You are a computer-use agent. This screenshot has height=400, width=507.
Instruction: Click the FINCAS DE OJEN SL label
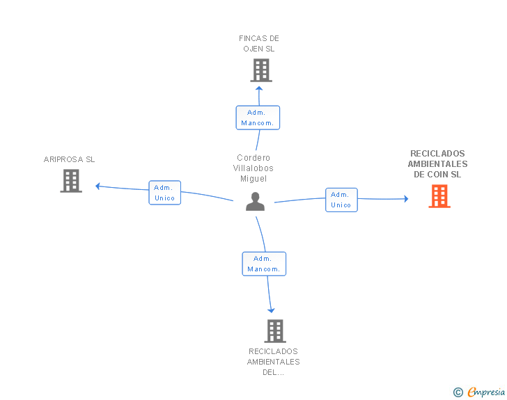(258, 44)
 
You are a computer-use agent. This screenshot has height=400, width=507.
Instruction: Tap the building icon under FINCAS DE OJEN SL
(261, 70)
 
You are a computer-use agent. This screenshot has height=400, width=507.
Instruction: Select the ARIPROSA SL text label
(69, 159)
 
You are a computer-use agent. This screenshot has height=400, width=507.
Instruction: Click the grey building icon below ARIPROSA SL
(71, 181)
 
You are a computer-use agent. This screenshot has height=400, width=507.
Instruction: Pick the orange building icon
(439, 196)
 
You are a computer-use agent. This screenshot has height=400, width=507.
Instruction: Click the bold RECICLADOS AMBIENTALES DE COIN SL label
(437, 163)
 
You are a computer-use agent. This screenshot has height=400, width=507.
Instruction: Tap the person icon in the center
(255, 201)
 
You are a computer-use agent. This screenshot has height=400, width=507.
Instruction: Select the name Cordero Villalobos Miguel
(253, 168)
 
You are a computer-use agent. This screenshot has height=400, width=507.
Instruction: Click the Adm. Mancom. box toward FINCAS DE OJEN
(258, 118)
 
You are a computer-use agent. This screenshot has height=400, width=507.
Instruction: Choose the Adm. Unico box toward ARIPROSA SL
(164, 193)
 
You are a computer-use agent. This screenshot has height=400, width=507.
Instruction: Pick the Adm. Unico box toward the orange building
(341, 200)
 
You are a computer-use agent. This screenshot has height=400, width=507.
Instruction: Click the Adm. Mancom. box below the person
(264, 264)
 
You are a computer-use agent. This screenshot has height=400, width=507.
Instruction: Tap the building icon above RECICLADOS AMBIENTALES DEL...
(275, 331)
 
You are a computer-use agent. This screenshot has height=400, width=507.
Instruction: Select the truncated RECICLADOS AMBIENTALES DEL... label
(274, 362)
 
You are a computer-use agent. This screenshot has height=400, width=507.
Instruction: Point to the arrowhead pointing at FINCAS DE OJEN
(259, 88)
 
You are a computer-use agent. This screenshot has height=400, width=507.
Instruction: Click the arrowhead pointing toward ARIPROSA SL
(97, 186)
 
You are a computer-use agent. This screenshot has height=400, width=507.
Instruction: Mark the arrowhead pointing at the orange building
(406, 199)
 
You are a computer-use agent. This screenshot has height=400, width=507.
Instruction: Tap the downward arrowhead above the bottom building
(271, 310)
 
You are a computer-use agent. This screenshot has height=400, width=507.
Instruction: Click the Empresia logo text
(486, 392)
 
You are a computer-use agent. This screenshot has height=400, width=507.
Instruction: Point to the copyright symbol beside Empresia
(458, 392)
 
